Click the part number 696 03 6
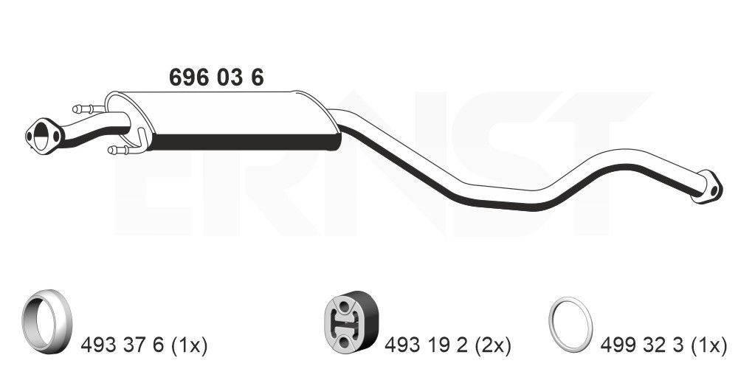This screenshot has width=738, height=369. pyautogui.click(x=216, y=77)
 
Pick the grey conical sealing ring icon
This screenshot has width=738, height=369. pyautogui.click(x=46, y=321)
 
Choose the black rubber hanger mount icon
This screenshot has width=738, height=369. pyautogui.click(x=351, y=321)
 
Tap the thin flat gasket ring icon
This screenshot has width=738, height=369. pyautogui.click(x=570, y=324)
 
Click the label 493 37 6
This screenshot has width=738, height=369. pyautogui.click(x=123, y=346)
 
